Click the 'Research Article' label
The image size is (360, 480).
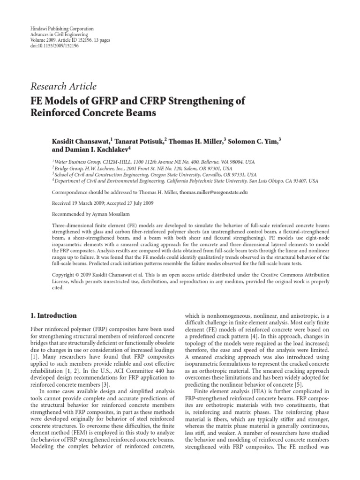point(63,86)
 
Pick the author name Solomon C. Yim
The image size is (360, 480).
point(254,141)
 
